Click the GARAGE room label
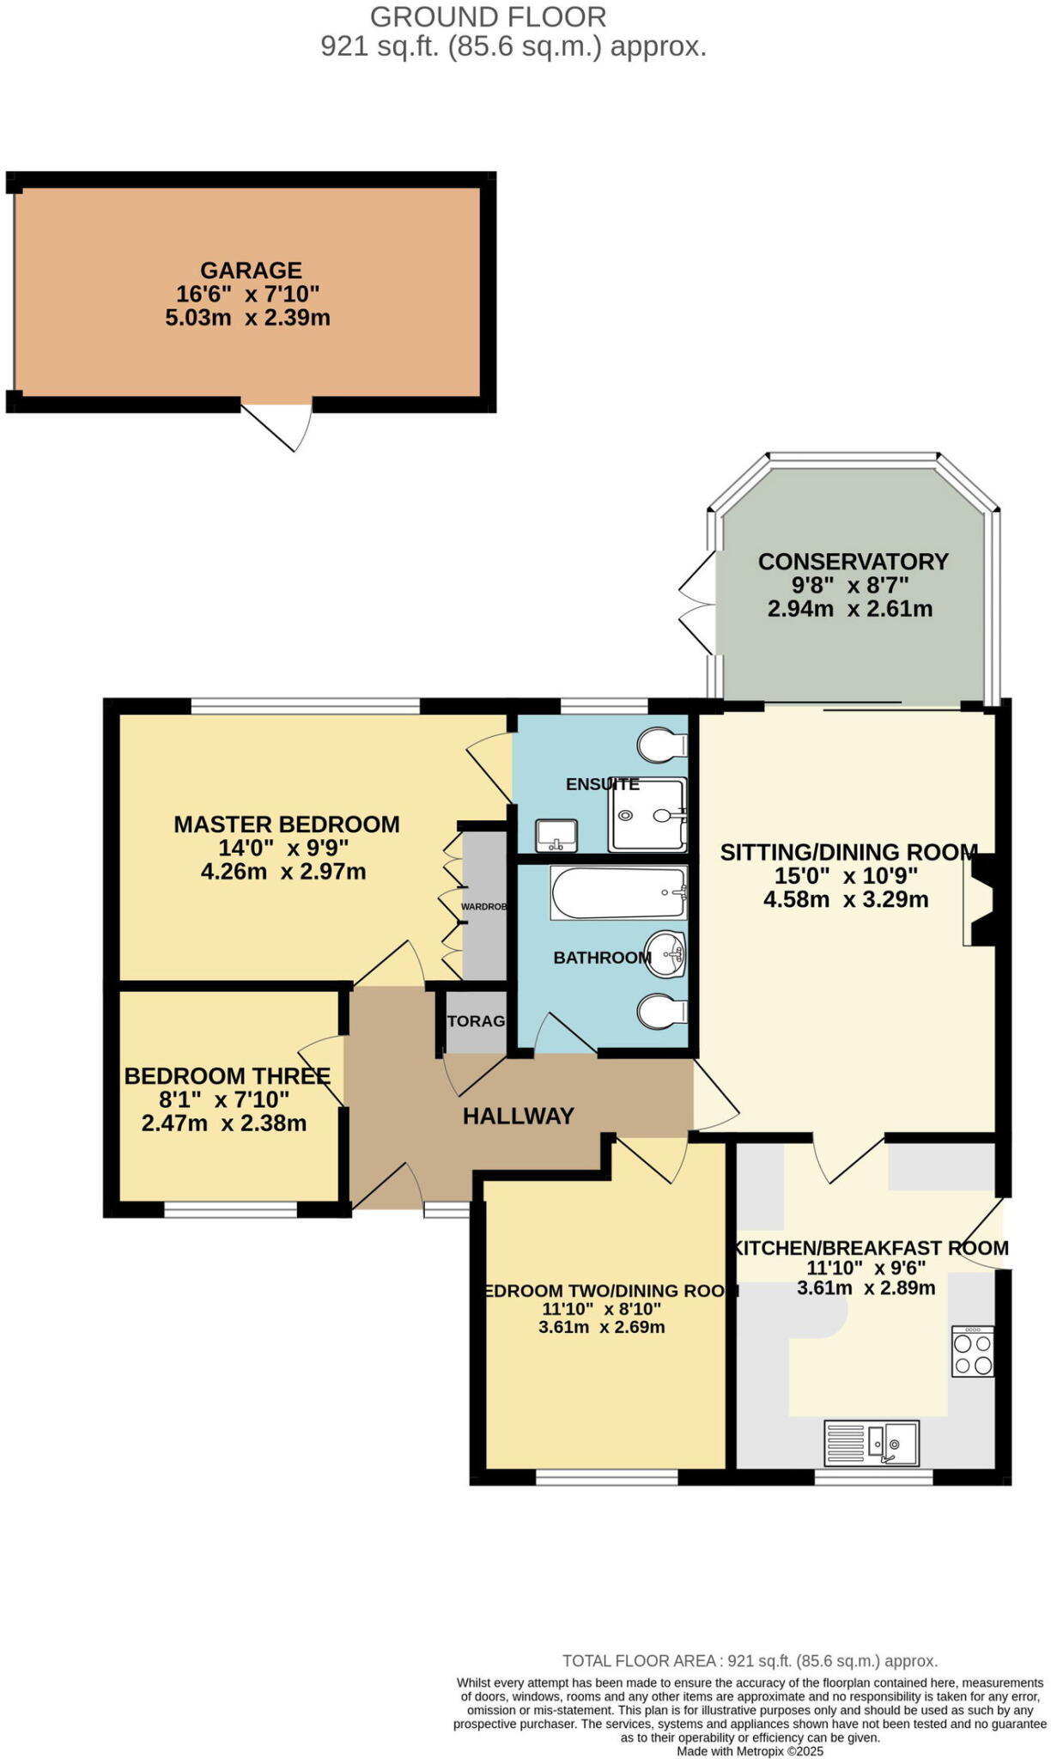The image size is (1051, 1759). [251, 271]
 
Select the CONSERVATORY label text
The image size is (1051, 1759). [853, 562]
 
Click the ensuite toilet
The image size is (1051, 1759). [663, 744]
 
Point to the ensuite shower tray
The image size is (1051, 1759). [648, 814]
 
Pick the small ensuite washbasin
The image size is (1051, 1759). [556, 834]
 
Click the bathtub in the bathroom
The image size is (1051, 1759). [618, 892]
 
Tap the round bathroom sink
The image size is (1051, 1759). [665, 954]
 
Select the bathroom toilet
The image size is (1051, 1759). [662, 1011]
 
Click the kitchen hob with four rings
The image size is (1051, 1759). [973, 1352]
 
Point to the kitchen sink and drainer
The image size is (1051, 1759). [871, 1442]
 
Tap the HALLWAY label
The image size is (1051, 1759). [518, 1116]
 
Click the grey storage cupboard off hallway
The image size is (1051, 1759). [476, 1021]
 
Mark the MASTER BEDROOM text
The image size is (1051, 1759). [287, 825]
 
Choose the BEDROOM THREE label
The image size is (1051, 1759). [227, 1076]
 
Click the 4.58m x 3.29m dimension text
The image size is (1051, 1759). [845, 900]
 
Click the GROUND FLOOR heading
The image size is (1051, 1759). [488, 16]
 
